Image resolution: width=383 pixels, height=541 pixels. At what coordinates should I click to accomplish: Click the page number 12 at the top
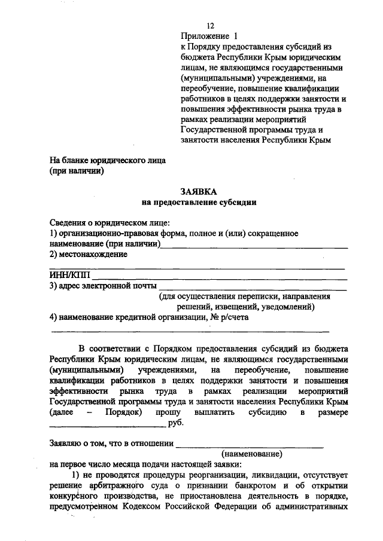[211, 26]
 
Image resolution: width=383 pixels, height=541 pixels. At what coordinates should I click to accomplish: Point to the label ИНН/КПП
[69, 276]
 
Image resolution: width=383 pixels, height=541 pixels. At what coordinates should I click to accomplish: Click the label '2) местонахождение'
[89, 255]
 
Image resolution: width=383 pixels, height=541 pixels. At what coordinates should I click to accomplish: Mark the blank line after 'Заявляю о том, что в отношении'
[251, 445]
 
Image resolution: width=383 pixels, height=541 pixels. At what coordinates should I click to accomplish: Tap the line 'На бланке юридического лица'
[108, 160]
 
